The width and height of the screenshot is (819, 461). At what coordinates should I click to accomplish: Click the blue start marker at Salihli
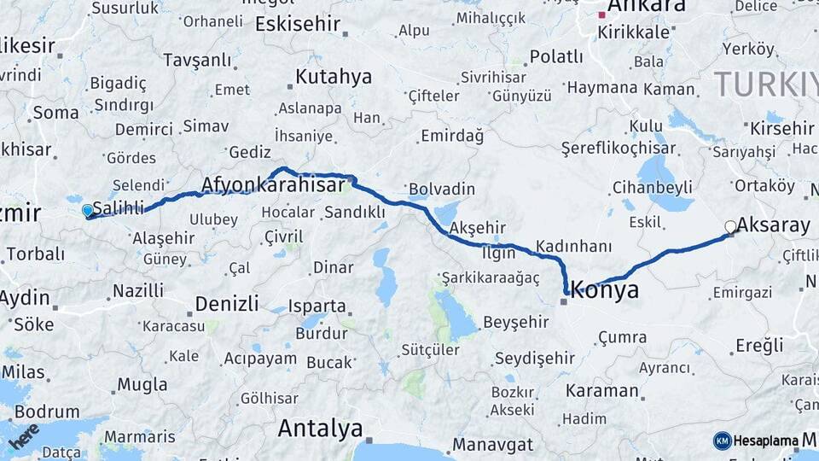point(87,210)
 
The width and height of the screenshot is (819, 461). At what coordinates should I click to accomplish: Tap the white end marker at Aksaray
point(730,226)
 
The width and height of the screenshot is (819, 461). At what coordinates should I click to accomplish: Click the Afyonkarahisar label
point(278,184)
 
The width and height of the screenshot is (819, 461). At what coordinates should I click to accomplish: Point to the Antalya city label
point(320,428)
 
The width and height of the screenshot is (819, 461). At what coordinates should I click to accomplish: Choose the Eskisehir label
point(298,23)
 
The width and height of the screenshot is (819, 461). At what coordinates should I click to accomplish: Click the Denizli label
point(226,303)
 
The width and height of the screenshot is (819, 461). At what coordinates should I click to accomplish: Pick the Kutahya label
point(334,77)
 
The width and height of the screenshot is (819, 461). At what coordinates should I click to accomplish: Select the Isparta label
point(317,306)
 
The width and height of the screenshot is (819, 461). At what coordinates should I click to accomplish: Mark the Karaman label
point(606,391)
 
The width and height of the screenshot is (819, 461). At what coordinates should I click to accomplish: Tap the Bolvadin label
point(441,189)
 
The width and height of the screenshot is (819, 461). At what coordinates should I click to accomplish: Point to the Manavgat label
point(492,445)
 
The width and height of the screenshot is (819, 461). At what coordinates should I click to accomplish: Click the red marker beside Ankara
point(601,15)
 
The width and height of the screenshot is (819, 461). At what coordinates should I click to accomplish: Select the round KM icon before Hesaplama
point(723,441)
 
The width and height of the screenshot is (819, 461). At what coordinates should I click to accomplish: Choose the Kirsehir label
point(782,128)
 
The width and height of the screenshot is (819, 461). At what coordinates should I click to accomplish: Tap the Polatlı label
point(556,57)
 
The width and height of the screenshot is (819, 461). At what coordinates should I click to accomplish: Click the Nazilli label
point(138,291)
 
